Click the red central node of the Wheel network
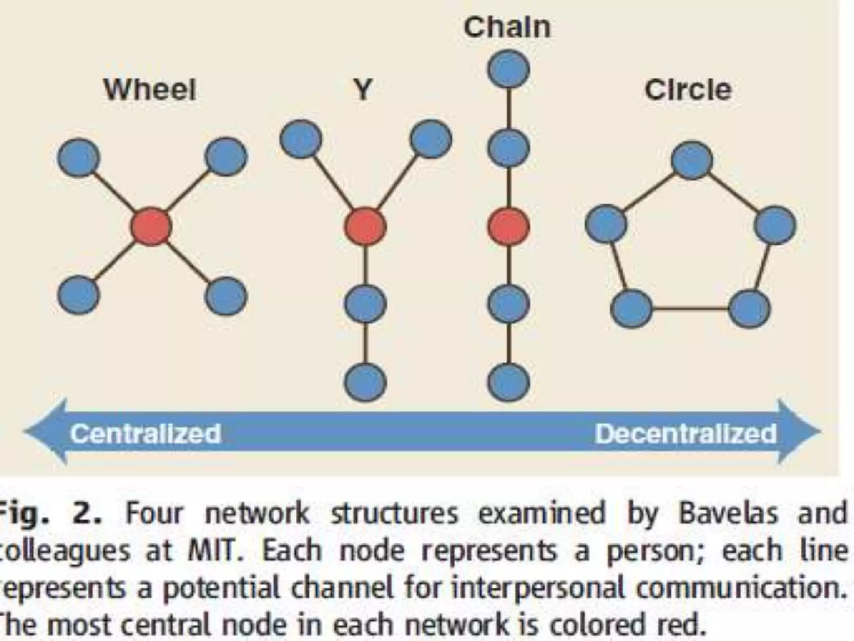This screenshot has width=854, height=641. pyautogui.click(x=151, y=226)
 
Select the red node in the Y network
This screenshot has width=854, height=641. pyautogui.click(x=365, y=226)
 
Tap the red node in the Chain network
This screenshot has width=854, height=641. pyautogui.click(x=509, y=226)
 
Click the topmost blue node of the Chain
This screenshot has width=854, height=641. pyautogui.click(x=509, y=69)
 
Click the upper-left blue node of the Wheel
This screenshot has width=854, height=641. pyautogui.click(x=79, y=157)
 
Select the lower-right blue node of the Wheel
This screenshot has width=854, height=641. pyautogui.click(x=226, y=296)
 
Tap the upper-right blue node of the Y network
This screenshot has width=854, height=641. pyautogui.click(x=431, y=139)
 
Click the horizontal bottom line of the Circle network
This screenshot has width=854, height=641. pyautogui.click(x=691, y=309)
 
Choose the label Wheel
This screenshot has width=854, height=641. pyautogui.click(x=150, y=90)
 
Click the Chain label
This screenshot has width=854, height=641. pyautogui.click(x=507, y=28)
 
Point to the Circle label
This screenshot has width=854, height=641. pyautogui.click(x=688, y=90)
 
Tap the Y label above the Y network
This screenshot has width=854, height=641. pyautogui.click(x=363, y=90)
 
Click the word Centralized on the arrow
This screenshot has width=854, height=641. pyautogui.click(x=146, y=434)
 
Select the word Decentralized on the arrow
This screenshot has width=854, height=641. pyautogui.click(x=686, y=434)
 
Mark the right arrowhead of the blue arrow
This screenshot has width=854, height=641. pyautogui.click(x=799, y=432)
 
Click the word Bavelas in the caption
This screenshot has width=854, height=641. pyautogui.click(x=728, y=513)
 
